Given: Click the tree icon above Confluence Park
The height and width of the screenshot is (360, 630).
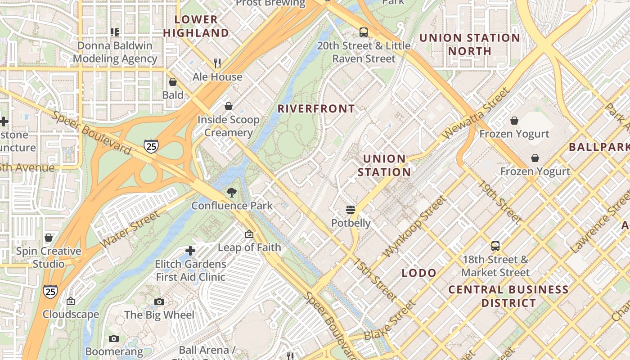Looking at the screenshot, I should pyautogui.click(x=232, y=193).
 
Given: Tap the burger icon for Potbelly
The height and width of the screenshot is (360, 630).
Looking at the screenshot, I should pyautogui.click(x=351, y=210).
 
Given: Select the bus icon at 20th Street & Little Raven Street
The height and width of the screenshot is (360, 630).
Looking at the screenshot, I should pyautogui.click(x=364, y=32).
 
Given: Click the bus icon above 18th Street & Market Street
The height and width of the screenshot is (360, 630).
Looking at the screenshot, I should pyautogui.click(x=495, y=246).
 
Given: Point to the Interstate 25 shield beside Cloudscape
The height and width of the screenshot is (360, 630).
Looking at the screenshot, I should pyautogui.click(x=50, y=292).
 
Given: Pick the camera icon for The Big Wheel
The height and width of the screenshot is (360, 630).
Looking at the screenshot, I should pyautogui.click(x=159, y=301).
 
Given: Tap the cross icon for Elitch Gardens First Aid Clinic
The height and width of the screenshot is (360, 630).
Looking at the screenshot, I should pyautogui.click(x=190, y=250).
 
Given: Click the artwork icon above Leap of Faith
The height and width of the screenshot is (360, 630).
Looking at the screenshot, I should pyautogui.click(x=249, y=234).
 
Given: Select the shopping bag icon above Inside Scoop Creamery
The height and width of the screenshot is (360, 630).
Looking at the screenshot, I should pyautogui.click(x=229, y=106).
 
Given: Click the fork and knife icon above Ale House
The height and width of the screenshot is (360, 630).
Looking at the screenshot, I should pyautogui.click(x=217, y=63).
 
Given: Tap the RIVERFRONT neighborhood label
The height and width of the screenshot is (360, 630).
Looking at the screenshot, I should pyautogui.click(x=316, y=109).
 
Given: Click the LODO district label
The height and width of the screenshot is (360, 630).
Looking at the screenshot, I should pyautogui.click(x=419, y=273).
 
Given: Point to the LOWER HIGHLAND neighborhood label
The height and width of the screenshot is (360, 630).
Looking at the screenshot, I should pyautogui.click(x=196, y=26).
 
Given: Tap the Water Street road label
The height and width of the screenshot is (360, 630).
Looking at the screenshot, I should pyautogui.click(x=130, y=229).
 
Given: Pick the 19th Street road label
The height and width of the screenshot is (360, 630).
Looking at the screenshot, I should pyautogui.click(x=499, y=202).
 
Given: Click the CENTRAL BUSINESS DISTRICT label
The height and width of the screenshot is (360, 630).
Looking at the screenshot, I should pyautogui.click(x=508, y=296).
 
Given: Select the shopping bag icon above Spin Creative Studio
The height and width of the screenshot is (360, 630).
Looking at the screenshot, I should pyautogui.click(x=49, y=237).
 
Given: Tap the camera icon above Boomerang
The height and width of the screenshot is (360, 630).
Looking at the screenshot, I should pyautogui.click(x=114, y=338).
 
